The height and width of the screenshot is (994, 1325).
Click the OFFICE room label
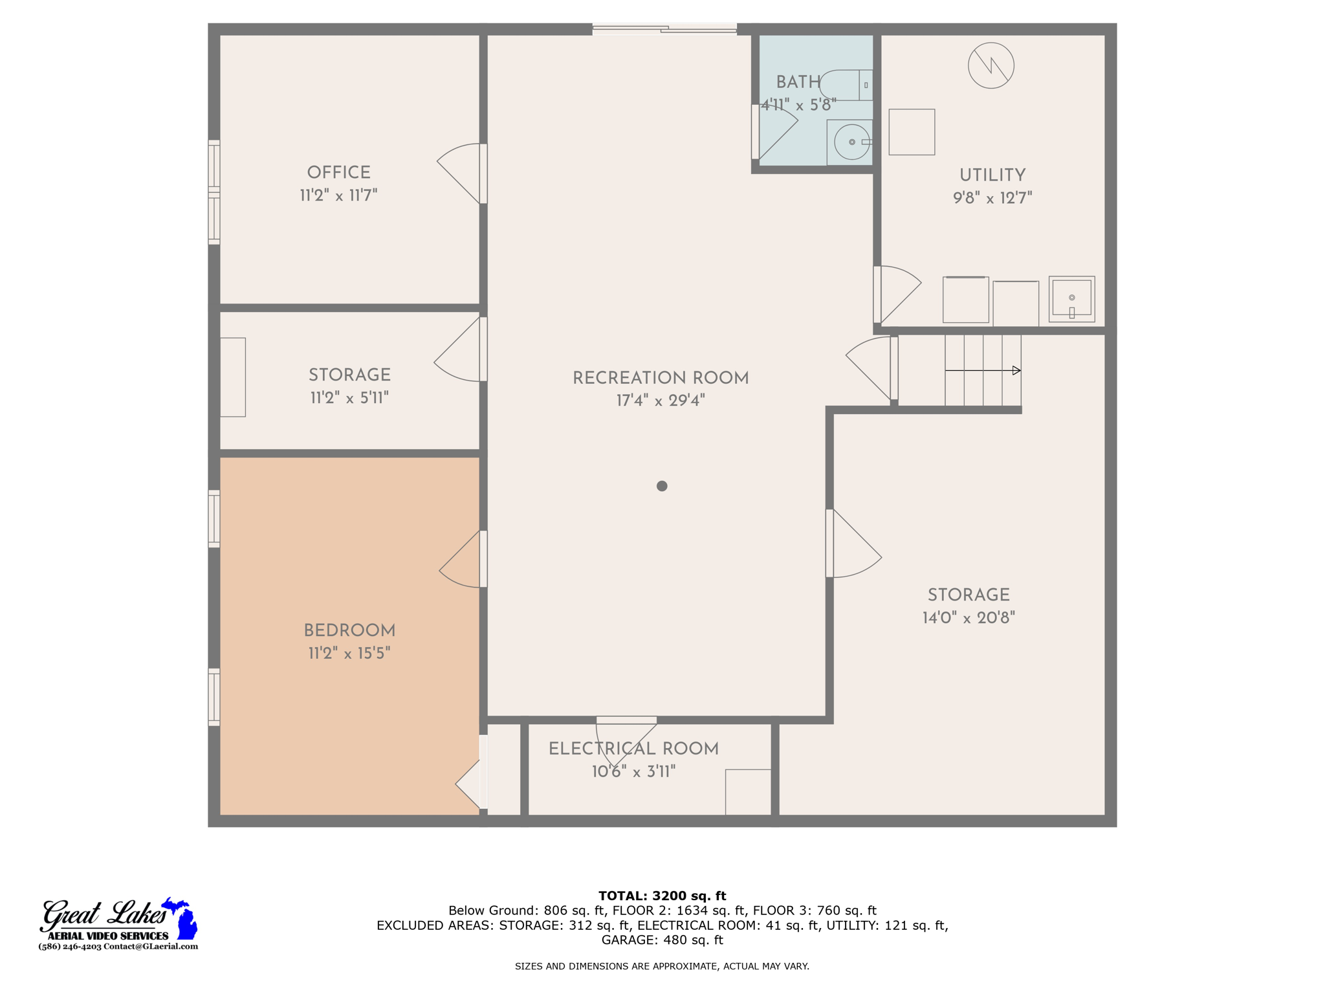[338, 173]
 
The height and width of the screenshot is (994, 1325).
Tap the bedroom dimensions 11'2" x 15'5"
[349, 653]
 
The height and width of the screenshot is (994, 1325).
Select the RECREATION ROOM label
[661, 378]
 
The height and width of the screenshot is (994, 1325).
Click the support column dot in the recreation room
[661, 486]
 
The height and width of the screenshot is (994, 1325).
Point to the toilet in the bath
[844, 85]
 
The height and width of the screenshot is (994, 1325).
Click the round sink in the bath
[851, 142]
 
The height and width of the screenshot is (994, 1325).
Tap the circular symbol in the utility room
[991, 65]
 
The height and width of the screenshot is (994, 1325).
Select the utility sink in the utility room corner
[1071, 299]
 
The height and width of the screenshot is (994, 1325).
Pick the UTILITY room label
[992, 175]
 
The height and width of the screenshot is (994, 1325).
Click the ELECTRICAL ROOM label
[633, 749]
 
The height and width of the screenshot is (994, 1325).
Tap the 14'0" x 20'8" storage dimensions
[969, 617]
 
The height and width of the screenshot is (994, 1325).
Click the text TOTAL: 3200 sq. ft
[662, 896]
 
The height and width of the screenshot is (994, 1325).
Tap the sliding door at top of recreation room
[664, 29]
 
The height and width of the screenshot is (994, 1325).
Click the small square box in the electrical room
[748, 791]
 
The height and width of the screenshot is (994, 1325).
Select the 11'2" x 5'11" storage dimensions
[349, 397]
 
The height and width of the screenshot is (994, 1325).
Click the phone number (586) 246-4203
[70, 946]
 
